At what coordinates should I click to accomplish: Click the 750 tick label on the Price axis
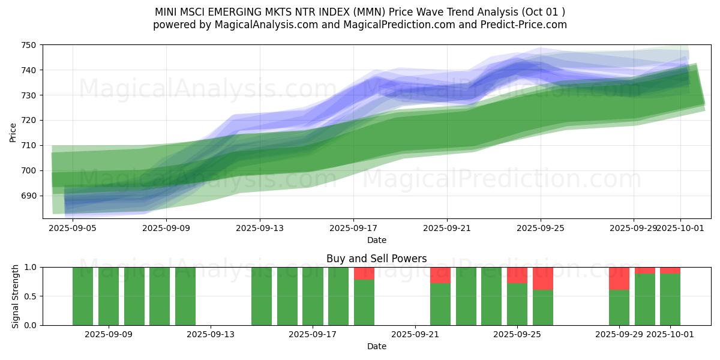tap(29, 45)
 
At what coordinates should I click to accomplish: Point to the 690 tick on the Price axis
tap(29, 196)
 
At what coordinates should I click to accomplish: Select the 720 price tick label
tap(29, 121)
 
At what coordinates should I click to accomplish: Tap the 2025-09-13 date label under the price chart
tap(260, 228)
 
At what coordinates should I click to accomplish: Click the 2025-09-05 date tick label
tap(73, 228)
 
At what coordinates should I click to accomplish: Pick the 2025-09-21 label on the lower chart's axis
tap(415, 334)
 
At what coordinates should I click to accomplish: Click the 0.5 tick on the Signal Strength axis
tap(31, 296)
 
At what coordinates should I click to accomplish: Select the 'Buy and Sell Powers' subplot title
tap(376, 259)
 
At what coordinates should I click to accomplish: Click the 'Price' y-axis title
tap(13, 132)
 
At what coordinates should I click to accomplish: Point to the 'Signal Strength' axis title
tap(16, 296)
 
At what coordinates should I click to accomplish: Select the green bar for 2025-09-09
tap(109, 296)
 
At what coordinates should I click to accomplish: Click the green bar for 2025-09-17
tap(313, 296)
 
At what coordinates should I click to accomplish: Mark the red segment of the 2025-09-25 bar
tap(543, 278)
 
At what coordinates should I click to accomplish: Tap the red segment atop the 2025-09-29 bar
tap(619, 278)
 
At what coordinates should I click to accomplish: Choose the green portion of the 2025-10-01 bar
tap(670, 300)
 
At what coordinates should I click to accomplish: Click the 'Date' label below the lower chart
tap(376, 346)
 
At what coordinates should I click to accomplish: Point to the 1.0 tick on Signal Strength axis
tap(31, 267)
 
